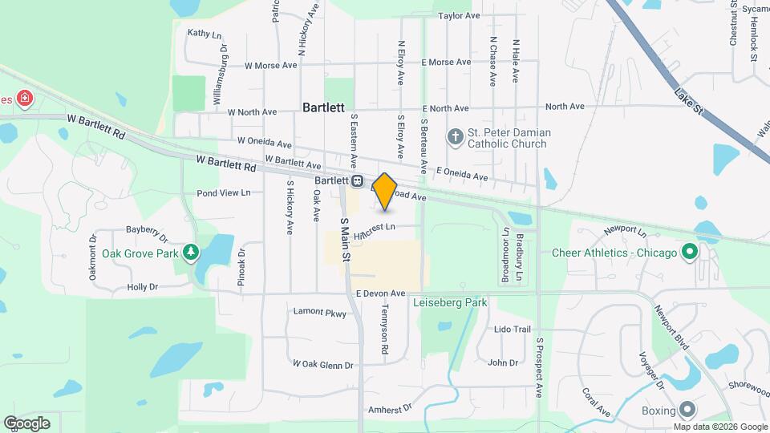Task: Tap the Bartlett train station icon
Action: pyautogui.click(x=357, y=181)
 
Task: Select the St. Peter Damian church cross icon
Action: pyautogui.click(x=456, y=136)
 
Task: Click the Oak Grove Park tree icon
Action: pyautogui.click(x=190, y=253)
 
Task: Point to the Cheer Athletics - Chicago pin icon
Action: pyautogui.click(x=688, y=253)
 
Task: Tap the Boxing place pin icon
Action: pyautogui.click(x=687, y=407)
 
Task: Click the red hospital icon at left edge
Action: pyautogui.click(x=26, y=99)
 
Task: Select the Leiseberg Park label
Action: pyautogui.click(x=450, y=303)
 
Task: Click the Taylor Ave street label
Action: pyautogui.click(x=460, y=15)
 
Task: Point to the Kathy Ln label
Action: pyautogui.click(x=204, y=34)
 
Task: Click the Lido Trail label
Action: pyautogui.click(x=513, y=330)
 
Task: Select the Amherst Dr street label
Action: pyautogui.click(x=389, y=409)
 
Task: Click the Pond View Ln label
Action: pyautogui.click(x=224, y=192)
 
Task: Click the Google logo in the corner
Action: pyautogui.click(x=26, y=423)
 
